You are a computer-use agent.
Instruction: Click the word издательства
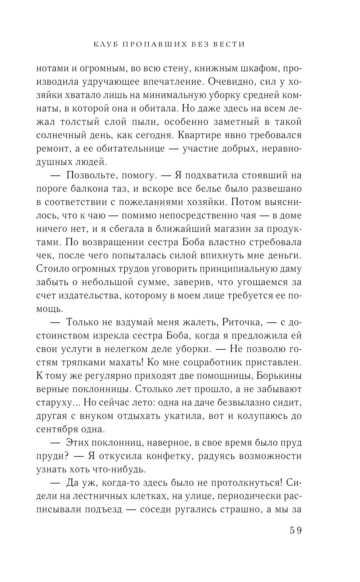pos(94,296)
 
